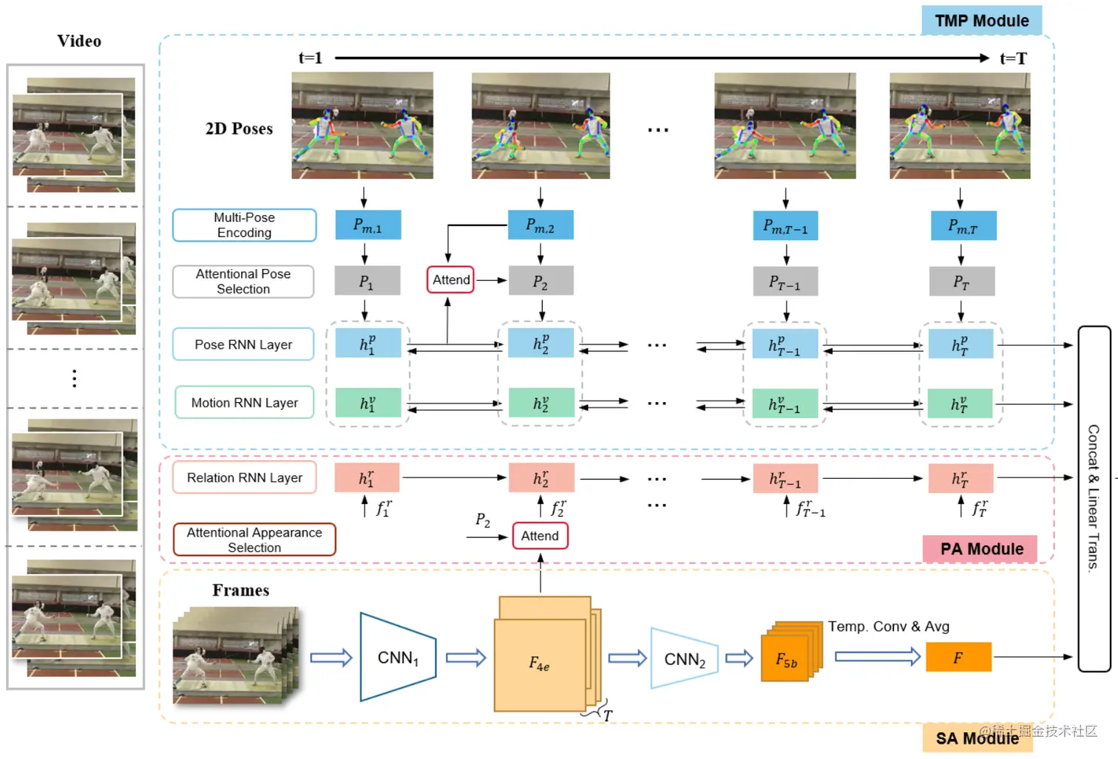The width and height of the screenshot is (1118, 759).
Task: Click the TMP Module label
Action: [981, 21]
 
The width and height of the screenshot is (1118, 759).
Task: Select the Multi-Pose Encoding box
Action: [244, 225]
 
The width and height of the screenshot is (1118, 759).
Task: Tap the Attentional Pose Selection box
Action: [243, 282]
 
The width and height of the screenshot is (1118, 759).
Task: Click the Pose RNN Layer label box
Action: [243, 344]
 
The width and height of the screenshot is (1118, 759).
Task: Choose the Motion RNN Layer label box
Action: [244, 402]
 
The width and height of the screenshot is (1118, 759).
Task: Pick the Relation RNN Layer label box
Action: [244, 477]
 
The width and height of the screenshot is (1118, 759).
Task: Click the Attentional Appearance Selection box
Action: [254, 540]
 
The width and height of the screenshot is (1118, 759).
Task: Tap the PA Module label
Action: [980, 549]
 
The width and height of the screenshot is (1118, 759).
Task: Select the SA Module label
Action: [978, 738]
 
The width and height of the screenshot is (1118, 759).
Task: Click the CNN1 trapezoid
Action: [398, 657]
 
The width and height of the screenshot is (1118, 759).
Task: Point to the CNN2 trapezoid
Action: [684, 658]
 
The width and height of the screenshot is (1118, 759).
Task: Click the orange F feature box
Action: [958, 657]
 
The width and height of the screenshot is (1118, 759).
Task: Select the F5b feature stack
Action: [790, 652]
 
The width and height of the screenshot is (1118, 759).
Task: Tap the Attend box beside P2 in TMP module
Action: [450, 280]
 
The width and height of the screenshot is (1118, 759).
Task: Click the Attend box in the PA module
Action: [540, 536]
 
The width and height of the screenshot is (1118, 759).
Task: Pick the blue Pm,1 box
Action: [367, 225]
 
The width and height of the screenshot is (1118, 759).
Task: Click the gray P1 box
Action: [367, 281]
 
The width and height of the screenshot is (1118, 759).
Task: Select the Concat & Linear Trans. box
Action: [1094, 499]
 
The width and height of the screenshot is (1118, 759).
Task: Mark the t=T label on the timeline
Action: [1013, 58]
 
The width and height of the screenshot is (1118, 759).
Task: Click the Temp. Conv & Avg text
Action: [889, 626]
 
